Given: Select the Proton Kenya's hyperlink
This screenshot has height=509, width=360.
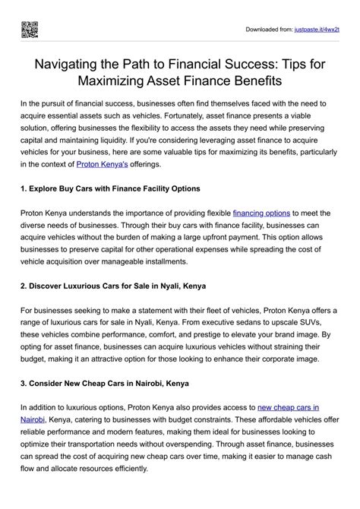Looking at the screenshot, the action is click(107, 163).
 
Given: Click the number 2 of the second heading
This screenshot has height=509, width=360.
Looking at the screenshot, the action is click(24, 286).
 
